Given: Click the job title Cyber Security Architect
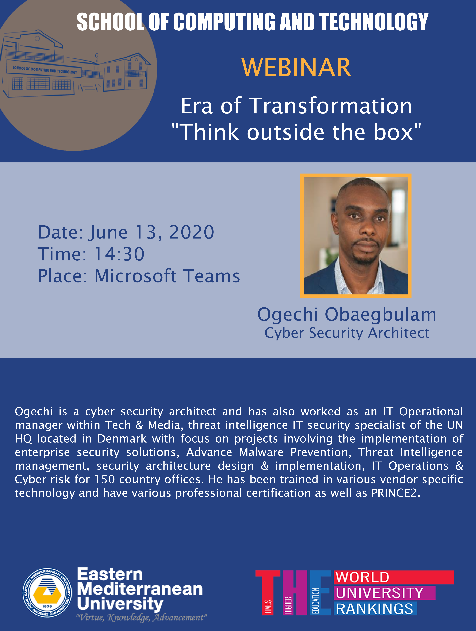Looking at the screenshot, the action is pyautogui.click(x=347, y=333).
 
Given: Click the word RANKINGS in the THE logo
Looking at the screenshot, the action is pyautogui.click(x=374, y=609).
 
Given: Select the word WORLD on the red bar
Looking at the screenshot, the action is pyautogui.click(x=362, y=577).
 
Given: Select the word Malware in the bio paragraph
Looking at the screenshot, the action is pyautogui.click(x=261, y=452).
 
